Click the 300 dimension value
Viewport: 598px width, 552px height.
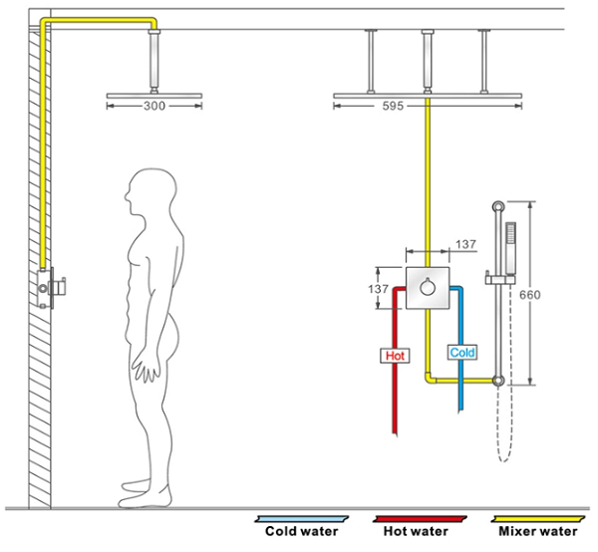click(x=154, y=106)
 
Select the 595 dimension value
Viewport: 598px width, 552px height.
click(x=393, y=106)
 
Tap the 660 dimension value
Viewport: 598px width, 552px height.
click(x=530, y=294)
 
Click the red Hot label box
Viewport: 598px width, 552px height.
click(x=395, y=356)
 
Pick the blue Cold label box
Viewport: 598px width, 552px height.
click(x=462, y=353)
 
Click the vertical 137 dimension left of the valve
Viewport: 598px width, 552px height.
click(x=378, y=289)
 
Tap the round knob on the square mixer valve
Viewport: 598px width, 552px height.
click(x=428, y=287)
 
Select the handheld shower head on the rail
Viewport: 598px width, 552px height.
click(x=510, y=248)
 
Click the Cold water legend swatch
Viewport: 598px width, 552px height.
click(x=302, y=519)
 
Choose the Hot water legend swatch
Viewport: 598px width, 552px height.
click(x=420, y=519)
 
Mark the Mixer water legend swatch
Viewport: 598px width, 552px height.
click(x=538, y=519)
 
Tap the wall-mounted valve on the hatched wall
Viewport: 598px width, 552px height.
click(x=51, y=287)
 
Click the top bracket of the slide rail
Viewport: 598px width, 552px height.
click(x=498, y=207)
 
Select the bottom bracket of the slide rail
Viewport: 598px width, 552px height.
click(x=498, y=381)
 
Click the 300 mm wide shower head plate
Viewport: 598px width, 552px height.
click(x=154, y=96)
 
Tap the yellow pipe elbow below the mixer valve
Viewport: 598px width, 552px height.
click(x=429, y=378)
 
